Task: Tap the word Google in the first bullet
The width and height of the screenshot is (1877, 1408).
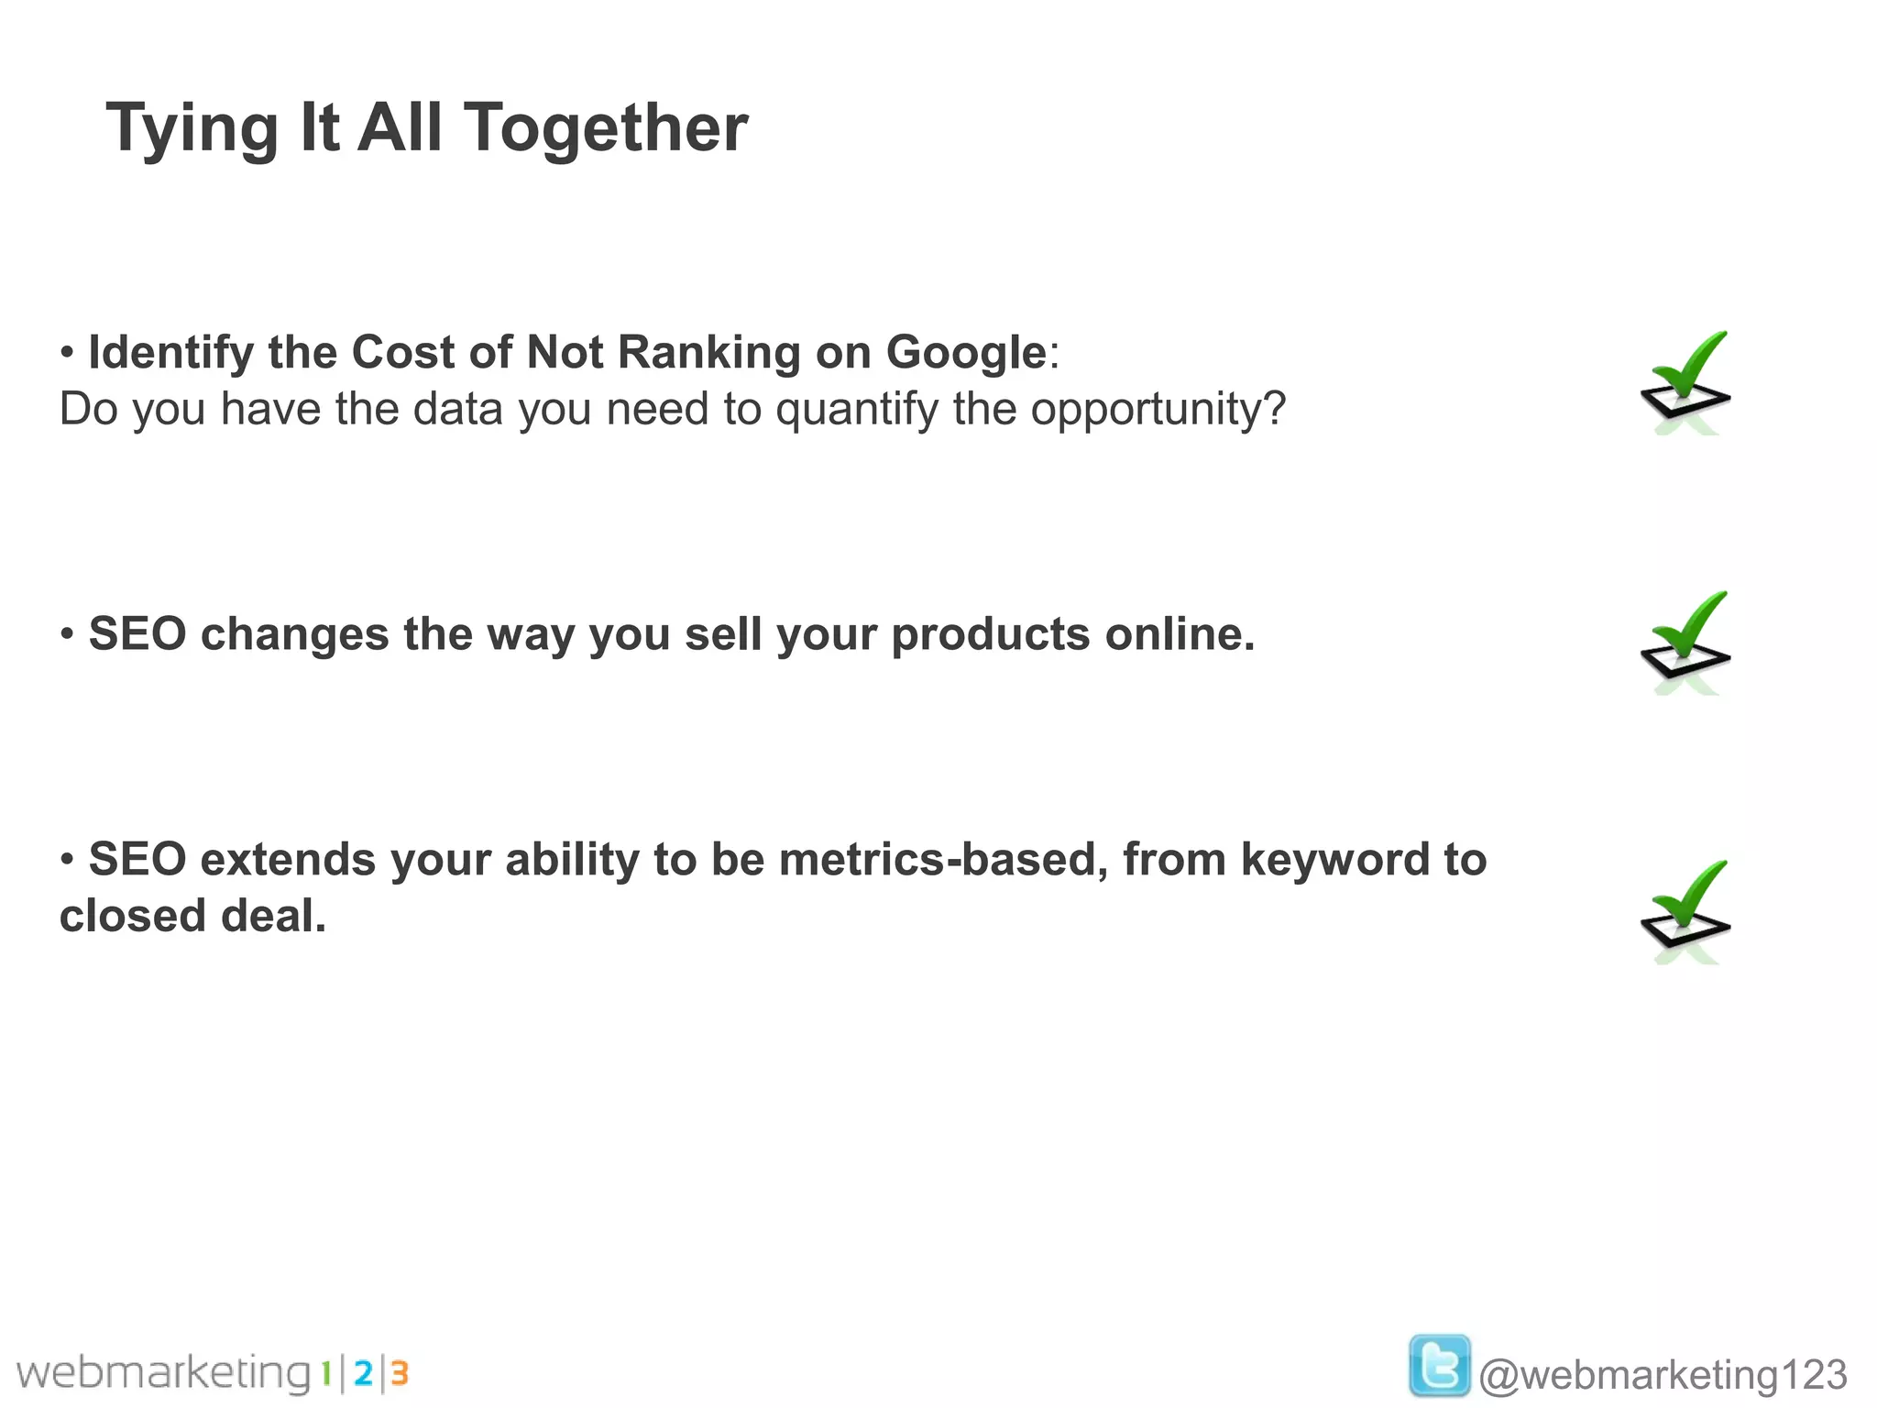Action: (x=965, y=353)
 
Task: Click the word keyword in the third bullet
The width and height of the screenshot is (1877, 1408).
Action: (x=1335, y=861)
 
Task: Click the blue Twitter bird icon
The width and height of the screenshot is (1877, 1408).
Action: (x=1440, y=1366)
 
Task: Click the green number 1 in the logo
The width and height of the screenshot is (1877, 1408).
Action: (x=325, y=1374)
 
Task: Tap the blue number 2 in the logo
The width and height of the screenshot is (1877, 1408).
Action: (x=363, y=1374)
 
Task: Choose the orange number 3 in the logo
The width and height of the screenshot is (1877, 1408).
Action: (x=399, y=1374)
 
